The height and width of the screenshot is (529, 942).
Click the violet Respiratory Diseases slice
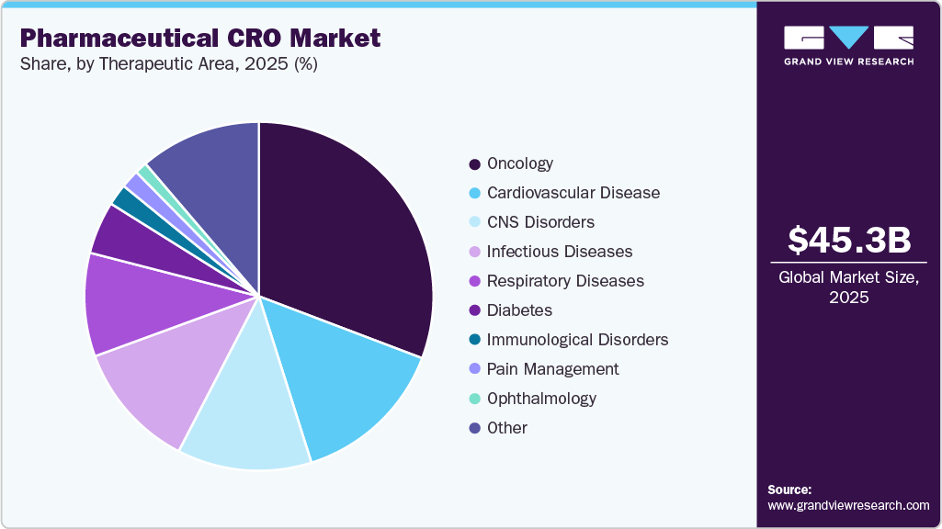point(133,303)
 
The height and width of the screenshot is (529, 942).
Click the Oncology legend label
point(519,163)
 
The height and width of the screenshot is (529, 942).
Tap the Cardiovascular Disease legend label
point(573,193)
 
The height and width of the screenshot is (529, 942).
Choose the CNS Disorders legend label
point(540,222)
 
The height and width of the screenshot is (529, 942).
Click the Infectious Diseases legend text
point(559,252)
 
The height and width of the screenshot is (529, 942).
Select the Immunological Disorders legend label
point(577,340)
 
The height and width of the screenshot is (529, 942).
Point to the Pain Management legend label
point(552,369)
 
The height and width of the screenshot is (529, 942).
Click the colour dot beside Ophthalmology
point(474,399)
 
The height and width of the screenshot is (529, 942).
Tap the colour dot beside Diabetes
point(474,311)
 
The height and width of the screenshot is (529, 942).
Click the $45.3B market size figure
point(849,241)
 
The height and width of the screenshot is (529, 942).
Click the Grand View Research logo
point(848,44)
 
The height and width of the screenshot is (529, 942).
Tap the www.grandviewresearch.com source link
point(848,505)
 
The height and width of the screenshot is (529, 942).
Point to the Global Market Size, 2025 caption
point(849,287)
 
